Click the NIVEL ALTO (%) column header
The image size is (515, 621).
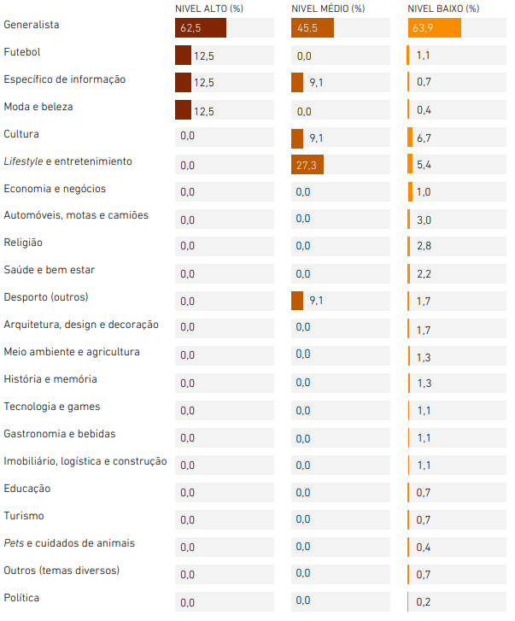209,9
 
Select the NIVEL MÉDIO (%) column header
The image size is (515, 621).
328,9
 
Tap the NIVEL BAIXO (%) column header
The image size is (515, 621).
443,9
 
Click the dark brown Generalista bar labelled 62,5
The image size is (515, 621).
201,27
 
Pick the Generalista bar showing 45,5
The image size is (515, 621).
313,27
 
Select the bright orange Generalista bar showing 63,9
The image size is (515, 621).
435,27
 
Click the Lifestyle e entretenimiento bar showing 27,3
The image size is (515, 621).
307,164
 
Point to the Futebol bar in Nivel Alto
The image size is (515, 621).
184,55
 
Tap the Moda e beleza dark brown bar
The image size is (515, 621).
184,109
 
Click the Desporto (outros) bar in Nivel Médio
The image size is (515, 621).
297,301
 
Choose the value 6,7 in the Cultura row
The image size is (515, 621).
424,138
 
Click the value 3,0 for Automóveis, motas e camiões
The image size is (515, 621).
424,220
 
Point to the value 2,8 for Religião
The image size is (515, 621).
424,246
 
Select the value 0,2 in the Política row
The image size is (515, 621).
423,602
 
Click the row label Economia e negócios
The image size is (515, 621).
55,189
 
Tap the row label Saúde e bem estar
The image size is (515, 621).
50,270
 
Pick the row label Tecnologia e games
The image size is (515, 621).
52,407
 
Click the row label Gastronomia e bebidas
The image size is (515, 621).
60,434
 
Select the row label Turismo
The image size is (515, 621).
24,516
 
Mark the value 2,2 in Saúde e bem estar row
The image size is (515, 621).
424,274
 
